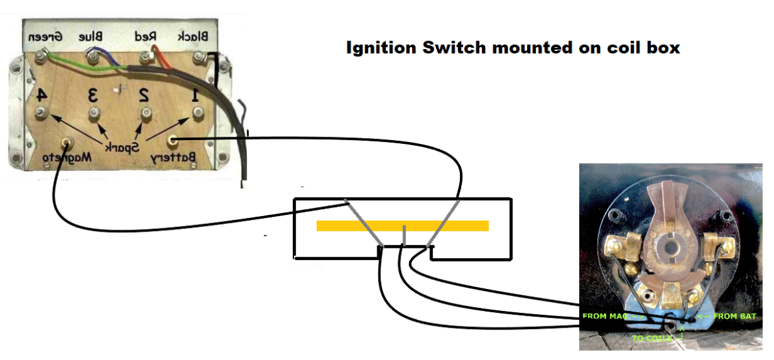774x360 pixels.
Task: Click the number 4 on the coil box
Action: (x=41, y=95)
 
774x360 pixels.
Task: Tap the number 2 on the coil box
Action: (x=144, y=95)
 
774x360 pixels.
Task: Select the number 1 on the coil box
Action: (x=194, y=95)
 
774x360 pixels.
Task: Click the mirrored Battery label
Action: (x=172, y=157)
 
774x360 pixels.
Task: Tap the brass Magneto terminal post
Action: (x=65, y=141)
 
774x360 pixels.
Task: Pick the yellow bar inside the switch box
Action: (x=402, y=225)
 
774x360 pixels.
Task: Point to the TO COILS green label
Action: (x=651, y=337)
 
